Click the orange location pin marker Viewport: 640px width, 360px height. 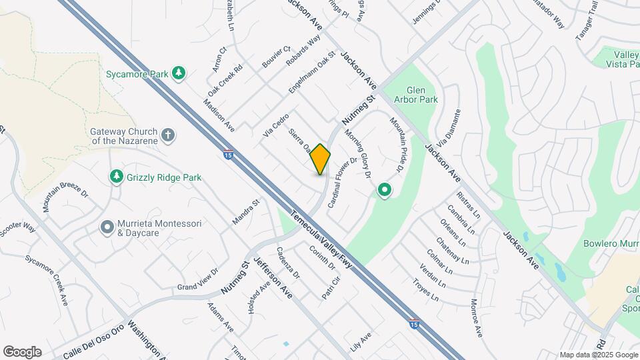click(x=320, y=159)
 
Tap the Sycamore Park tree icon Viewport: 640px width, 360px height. click(x=178, y=73)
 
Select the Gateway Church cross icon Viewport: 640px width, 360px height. click(x=169, y=135)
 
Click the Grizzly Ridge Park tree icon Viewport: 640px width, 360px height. click(x=117, y=176)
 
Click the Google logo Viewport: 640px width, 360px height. click(x=22, y=351)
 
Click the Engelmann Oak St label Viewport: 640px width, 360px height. click(x=311, y=71)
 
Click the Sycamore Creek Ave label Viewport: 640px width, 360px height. click(x=47, y=281)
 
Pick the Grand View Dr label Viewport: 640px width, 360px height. click(x=198, y=280)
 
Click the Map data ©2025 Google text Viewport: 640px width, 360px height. click(x=598, y=355)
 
